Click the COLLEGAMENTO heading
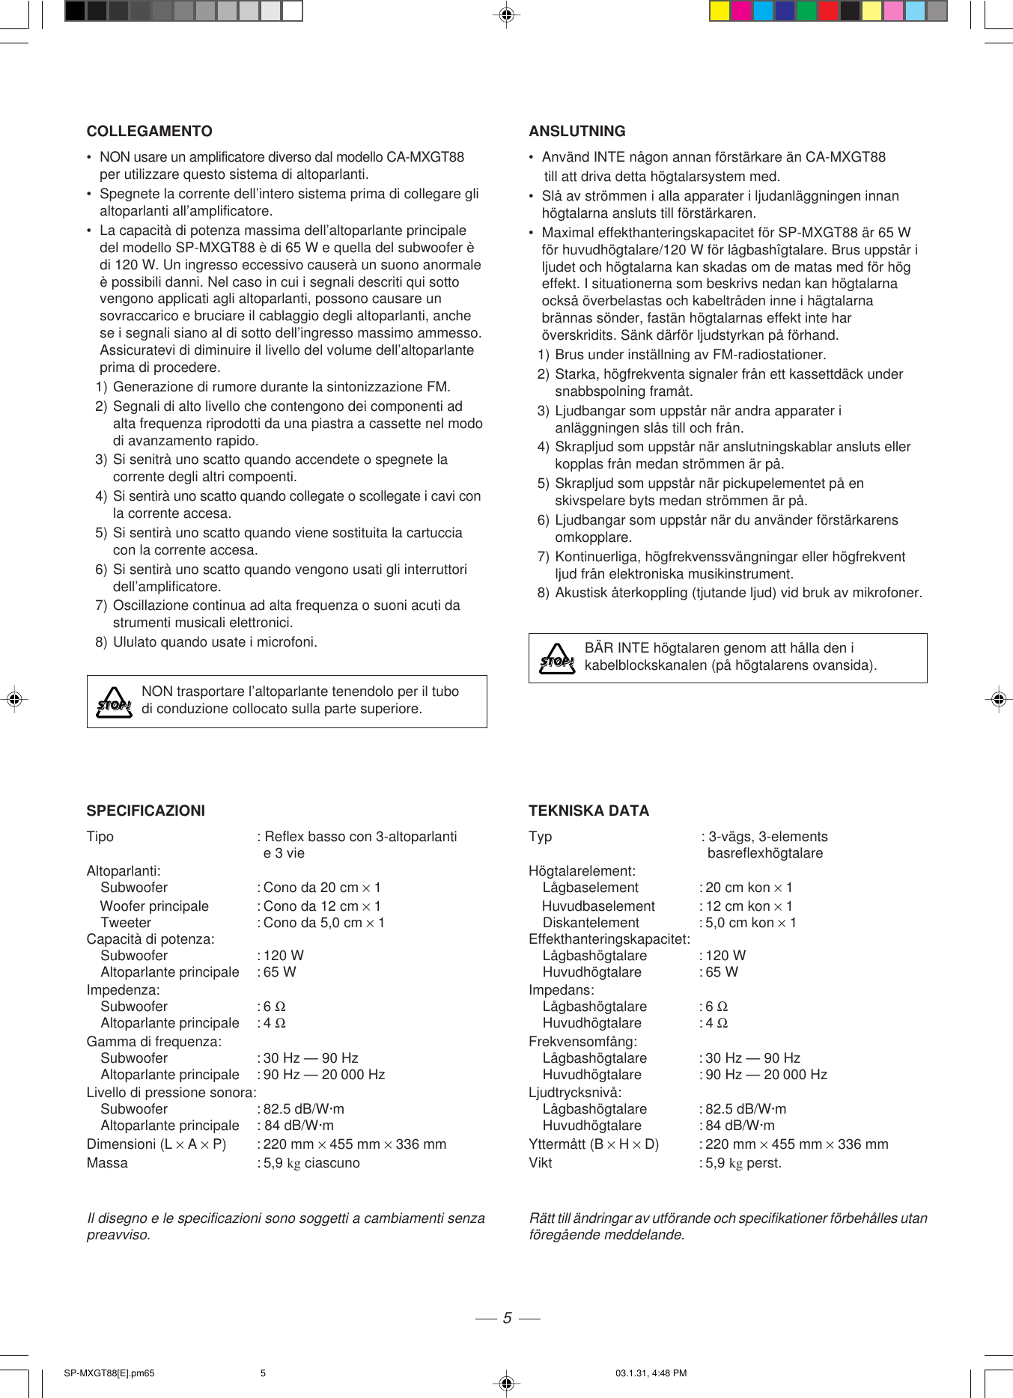pos(149,131)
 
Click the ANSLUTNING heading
pos(577,131)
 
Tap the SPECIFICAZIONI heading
pos(145,811)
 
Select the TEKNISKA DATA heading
pos(588,811)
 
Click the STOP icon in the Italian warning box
pos(114,703)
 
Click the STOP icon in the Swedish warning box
pos(557,659)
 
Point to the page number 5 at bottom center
pos(507,1318)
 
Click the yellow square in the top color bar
pos(720,11)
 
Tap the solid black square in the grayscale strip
pos(75,11)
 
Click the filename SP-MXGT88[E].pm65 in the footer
pos(109,1373)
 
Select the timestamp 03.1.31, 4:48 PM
pos(651,1373)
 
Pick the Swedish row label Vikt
pos(540,1163)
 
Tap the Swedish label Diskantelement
pos(591,923)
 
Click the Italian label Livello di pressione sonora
pos(171,1093)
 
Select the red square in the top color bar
pos(828,11)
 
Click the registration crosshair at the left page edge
pos(13,699)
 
